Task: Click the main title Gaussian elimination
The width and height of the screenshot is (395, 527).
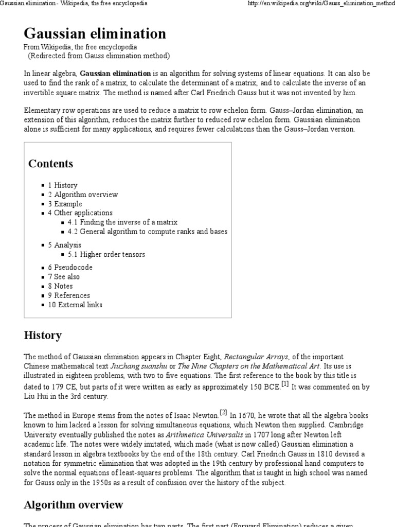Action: coord(95,34)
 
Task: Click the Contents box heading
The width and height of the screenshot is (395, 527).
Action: coord(50,164)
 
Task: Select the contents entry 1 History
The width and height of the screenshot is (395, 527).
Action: coord(63,185)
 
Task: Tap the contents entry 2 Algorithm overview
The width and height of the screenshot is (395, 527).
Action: coord(83,195)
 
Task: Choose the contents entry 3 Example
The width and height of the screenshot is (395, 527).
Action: coord(65,204)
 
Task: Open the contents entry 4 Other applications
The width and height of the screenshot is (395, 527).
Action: coord(80,213)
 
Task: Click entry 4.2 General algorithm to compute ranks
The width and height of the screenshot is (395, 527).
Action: coord(147,232)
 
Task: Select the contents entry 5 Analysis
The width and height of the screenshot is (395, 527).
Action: coord(65,245)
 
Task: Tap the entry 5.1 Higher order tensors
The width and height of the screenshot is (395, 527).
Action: coord(106,254)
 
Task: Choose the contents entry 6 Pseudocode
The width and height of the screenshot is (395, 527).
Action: coord(70,268)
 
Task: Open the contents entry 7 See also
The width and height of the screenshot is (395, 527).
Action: coord(64,277)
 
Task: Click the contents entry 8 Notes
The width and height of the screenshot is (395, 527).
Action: coord(60,286)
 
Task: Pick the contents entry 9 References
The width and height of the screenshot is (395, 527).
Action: coord(69,295)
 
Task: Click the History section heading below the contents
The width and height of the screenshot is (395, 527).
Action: coord(43,336)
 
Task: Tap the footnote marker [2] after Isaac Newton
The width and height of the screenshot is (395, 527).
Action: coord(223,412)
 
